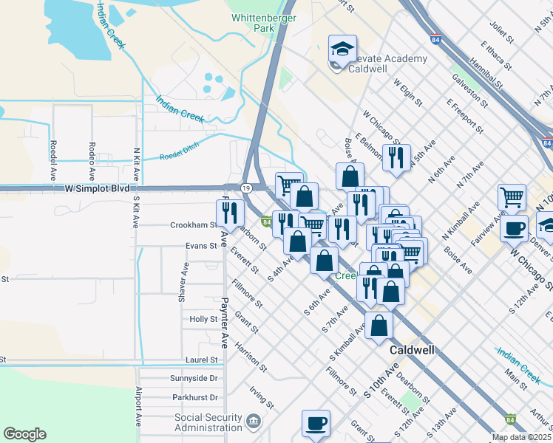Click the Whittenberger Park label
[x=253, y=22]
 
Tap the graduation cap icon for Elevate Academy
[x=342, y=49]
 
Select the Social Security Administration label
[x=208, y=422]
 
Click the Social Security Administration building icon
[x=254, y=422]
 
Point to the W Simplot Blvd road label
[x=97, y=188]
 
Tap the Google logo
[x=24, y=434]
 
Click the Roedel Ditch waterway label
[x=180, y=157]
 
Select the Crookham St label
[x=193, y=225]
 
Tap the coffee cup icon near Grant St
[x=316, y=423]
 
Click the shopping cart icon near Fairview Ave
[x=512, y=197]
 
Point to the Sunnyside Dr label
[x=194, y=377]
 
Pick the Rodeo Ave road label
[x=92, y=162]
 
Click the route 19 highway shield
[x=244, y=188]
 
